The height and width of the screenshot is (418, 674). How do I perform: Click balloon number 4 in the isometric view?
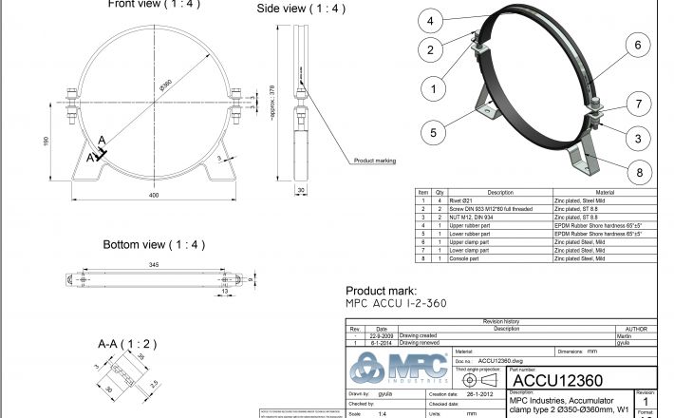[431, 20]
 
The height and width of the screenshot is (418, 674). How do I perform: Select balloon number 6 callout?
[638, 45]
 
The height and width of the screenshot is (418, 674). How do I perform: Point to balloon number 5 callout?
[432, 133]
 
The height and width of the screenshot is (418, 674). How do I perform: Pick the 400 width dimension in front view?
[153, 195]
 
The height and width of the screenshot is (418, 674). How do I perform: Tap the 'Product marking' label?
[376, 161]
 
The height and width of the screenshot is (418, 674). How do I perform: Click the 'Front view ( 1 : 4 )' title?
[155, 5]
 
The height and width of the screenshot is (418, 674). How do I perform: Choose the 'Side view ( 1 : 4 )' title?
[300, 9]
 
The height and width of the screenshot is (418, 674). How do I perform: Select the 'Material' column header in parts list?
[605, 193]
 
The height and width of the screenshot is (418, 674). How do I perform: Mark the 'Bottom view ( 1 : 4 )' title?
[154, 244]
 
